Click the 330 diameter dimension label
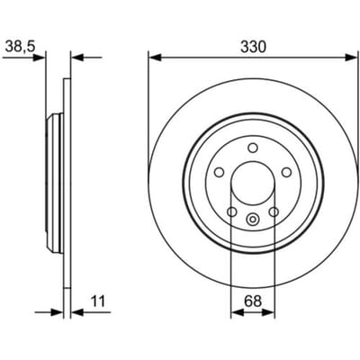click(253, 47)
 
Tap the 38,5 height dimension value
click(21, 47)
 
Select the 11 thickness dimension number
click(98, 301)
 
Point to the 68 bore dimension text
click(253, 301)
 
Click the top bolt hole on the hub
click(253, 148)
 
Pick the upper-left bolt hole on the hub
click(220, 173)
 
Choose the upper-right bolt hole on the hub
click(287, 172)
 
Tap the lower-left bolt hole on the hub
click(232, 212)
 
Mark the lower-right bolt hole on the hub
click(274, 212)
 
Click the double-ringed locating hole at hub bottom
click(253, 219)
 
